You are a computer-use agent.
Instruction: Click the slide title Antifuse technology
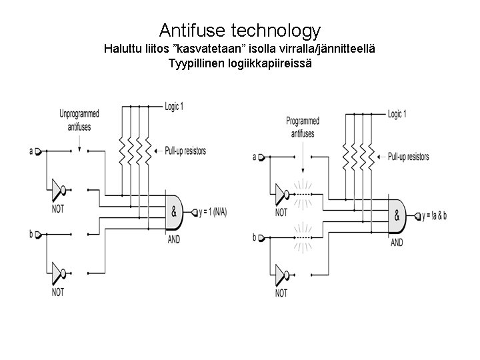(x=240, y=30)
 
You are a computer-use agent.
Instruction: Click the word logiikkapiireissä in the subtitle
(x=273, y=64)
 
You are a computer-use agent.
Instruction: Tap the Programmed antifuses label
(x=302, y=126)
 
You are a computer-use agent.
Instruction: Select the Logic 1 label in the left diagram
(x=174, y=106)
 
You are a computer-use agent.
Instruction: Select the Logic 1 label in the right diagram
(x=397, y=115)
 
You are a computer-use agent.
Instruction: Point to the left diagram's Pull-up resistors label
(x=185, y=151)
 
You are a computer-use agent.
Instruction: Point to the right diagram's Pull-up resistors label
(x=408, y=157)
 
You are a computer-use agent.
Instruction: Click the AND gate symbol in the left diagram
(x=175, y=211)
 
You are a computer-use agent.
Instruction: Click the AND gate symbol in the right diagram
(x=397, y=216)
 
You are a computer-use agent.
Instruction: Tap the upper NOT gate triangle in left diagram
(x=56, y=190)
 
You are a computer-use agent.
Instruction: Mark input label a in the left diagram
(x=31, y=151)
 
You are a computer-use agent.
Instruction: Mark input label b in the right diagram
(x=254, y=237)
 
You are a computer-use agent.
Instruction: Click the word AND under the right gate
(x=396, y=243)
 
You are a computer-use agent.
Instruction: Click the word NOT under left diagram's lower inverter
(x=58, y=292)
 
